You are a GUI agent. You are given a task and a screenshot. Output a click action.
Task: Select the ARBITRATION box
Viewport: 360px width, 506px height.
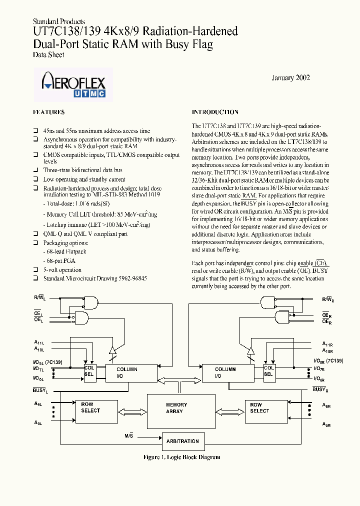pos(182,441)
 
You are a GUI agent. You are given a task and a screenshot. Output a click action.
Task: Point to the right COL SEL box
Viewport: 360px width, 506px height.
pos(268,370)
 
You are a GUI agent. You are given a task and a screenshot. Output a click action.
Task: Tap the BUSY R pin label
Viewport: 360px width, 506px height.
pos(320,388)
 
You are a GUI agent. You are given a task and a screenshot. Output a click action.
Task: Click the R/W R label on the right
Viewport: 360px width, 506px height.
pos(327,299)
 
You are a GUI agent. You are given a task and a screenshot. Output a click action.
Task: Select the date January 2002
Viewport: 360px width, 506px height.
pos(290,78)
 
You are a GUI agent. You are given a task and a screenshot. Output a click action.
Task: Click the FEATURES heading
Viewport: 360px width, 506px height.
pos(48,112)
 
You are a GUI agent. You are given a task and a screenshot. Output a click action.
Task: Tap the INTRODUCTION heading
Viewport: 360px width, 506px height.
pos(215,112)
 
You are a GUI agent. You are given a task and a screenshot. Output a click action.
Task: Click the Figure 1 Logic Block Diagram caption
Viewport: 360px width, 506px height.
pos(181,457)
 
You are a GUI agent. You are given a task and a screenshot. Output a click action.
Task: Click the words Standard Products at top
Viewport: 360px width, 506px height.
pos(58,21)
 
